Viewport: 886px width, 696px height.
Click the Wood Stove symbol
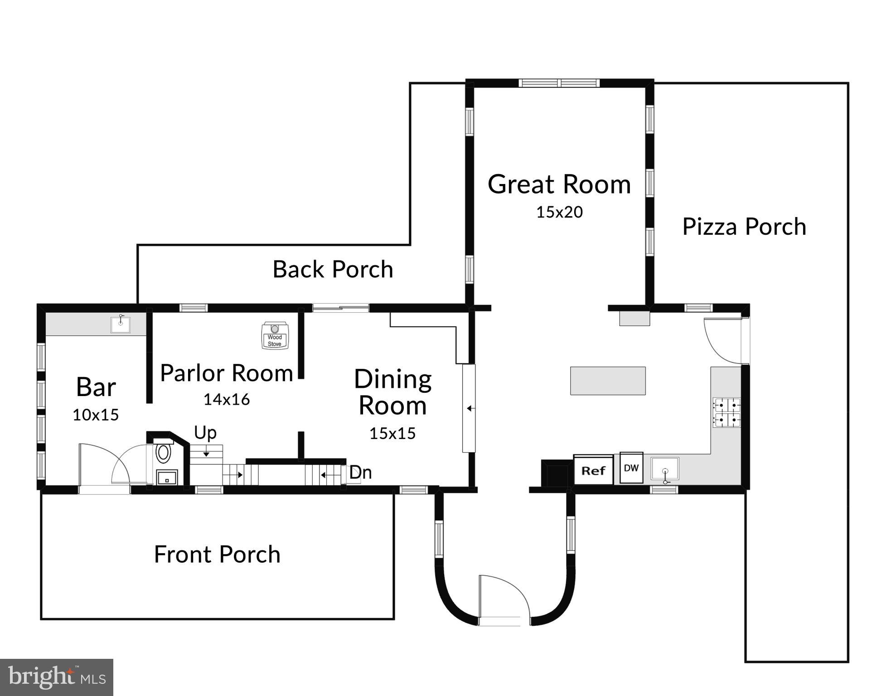275,336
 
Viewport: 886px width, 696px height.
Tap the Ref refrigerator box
593,470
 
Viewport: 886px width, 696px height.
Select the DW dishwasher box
631,468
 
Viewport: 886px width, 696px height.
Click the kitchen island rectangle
608,381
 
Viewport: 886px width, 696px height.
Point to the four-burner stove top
726,412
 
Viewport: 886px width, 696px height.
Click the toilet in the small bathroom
163,453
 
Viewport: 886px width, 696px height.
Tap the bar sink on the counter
121,324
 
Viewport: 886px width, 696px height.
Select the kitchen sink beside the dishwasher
665,469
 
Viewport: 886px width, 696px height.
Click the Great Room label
559,184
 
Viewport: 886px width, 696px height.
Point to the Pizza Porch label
744,227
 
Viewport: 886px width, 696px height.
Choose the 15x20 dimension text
559,212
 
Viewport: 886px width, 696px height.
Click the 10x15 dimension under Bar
96,415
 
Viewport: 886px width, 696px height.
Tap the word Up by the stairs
205,433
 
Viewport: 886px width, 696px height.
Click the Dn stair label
360,473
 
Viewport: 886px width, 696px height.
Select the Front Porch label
217,554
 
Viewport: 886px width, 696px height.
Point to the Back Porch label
333,269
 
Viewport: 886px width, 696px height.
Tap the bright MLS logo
57,677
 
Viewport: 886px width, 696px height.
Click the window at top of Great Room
559,83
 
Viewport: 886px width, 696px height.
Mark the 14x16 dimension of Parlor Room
226,399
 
